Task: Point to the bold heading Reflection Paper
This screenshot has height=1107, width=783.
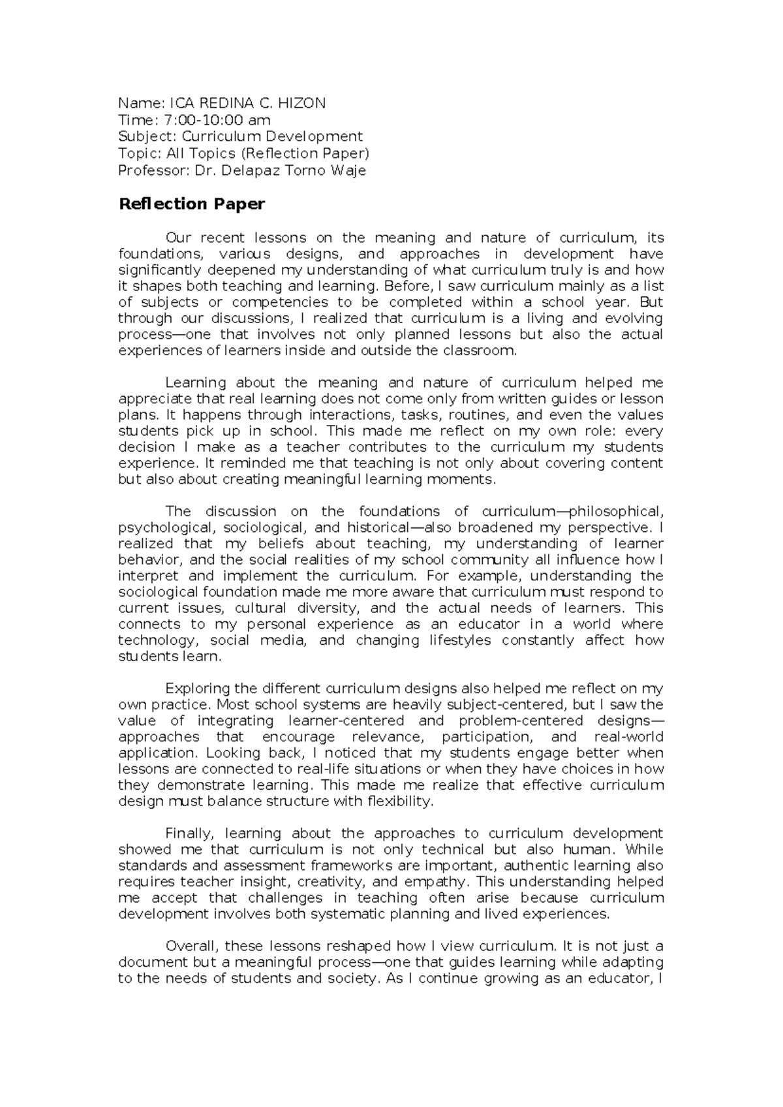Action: click(x=191, y=204)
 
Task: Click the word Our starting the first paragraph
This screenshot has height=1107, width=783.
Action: click(x=177, y=238)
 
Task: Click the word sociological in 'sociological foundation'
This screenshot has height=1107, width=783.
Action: click(x=158, y=593)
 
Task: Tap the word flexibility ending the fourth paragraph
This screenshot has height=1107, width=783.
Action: click(x=399, y=802)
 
